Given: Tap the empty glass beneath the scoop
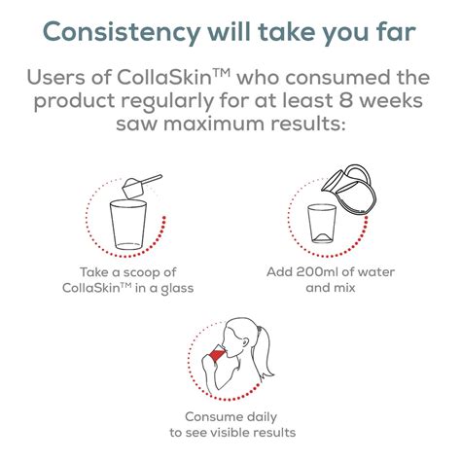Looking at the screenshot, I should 128,226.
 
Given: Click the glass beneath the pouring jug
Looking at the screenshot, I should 321,226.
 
